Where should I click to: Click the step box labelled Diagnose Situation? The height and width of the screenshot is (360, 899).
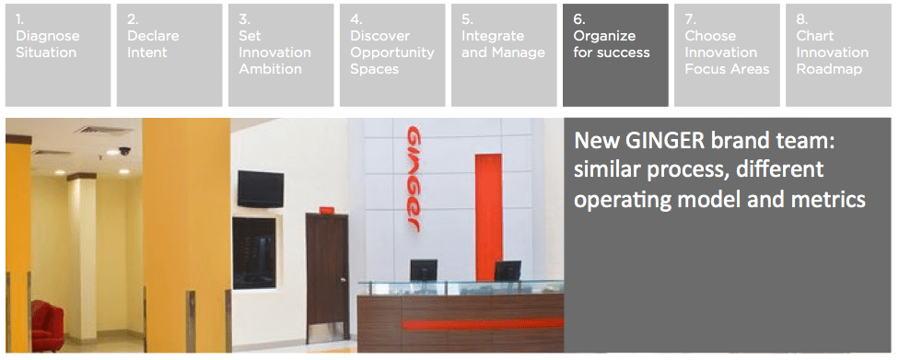click(x=58, y=55)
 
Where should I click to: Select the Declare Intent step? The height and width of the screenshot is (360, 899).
click(x=169, y=55)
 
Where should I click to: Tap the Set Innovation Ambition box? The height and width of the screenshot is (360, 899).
click(x=281, y=55)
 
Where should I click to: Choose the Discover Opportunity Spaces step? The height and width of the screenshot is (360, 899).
click(x=392, y=55)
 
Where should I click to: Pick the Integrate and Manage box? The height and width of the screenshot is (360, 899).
click(x=504, y=55)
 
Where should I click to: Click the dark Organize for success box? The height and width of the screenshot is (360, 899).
click(x=615, y=55)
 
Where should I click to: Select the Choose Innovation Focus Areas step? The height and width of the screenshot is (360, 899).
click(x=727, y=55)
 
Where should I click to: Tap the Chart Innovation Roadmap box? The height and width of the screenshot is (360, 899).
click(x=838, y=55)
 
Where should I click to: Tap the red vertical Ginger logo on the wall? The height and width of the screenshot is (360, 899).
click(x=414, y=179)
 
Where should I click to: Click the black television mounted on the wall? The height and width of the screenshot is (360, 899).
click(x=261, y=189)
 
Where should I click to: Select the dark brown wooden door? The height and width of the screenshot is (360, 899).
click(x=327, y=276)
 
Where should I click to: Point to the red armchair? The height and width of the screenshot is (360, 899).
click(x=47, y=325)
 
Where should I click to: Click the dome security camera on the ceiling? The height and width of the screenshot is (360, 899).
click(x=124, y=151)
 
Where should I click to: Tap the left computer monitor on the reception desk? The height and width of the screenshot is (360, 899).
click(x=424, y=271)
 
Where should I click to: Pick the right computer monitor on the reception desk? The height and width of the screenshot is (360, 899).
click(x=508, y=271)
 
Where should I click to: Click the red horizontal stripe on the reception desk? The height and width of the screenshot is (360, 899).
click(x=483, y=324)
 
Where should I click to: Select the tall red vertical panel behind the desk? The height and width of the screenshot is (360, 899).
click(x=488, y=217)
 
